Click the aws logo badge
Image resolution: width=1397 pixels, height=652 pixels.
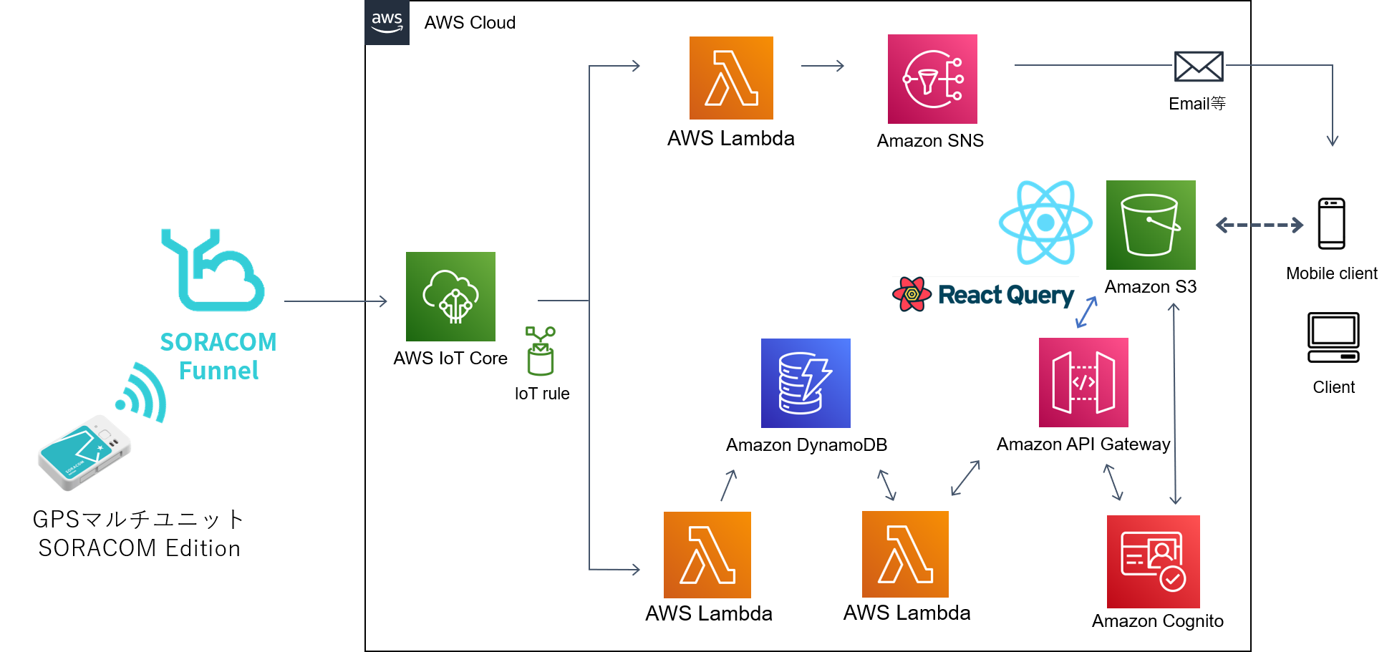(x=387, y=22)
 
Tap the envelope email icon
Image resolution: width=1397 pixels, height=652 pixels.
(x=1198, y=67)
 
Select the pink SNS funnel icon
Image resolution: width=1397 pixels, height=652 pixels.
(x=932, y=79)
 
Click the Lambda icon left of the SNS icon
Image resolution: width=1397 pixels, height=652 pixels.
(x=731, y=78)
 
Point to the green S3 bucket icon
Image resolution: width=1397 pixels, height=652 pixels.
(x=1150, y=225)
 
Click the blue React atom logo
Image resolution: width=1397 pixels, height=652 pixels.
(x=1045, y=223)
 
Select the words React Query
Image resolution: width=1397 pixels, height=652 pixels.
(x=1005, y=295)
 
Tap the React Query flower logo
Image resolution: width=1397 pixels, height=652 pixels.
(x=912, y=294)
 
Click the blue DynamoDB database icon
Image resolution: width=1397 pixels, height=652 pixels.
(x=806, y=383)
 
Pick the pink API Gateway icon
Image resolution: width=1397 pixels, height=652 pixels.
(x=1083, y=382)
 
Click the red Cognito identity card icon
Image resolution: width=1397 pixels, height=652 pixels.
(x=1153, y=562)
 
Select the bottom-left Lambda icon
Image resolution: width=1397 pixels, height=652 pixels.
(x=707, y=555)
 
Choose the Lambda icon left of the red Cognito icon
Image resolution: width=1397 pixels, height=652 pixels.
(x=905, y=554)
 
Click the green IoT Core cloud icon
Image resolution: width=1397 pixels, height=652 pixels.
(x=450, y=296)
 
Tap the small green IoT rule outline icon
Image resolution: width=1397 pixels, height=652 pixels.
(x=541, y=351)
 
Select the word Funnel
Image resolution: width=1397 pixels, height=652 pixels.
(x=218, y=371)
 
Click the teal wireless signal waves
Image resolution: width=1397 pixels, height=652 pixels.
(x=144, y=393)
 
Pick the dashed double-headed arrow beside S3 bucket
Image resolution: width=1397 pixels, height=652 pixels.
(x=1259, y=225)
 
